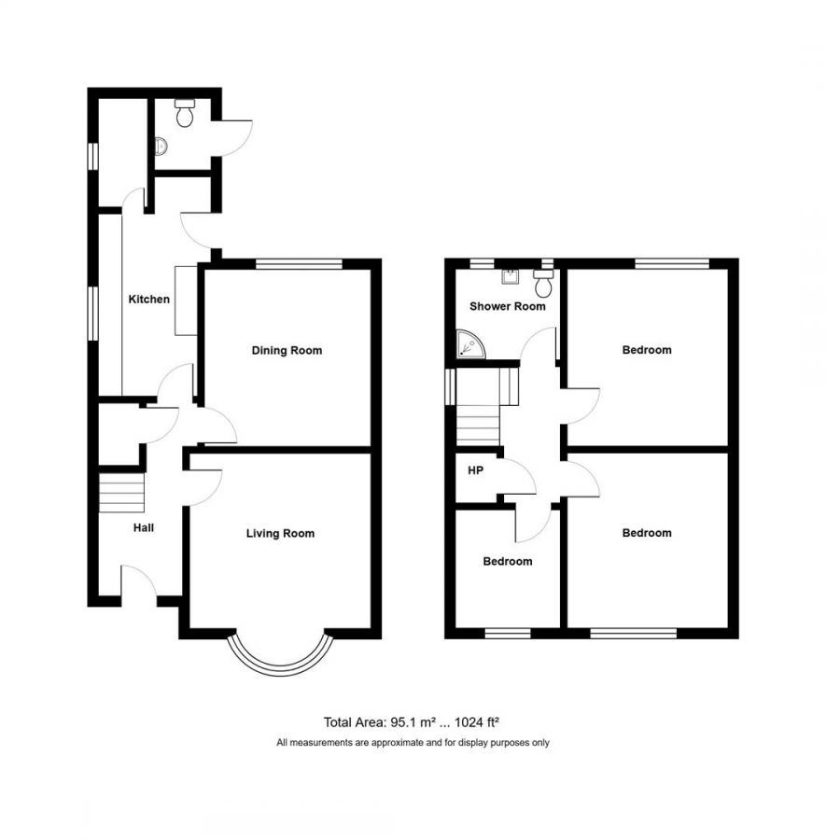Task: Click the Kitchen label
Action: tap(149, 300)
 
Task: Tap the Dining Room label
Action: tap(287, 351)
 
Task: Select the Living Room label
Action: tap(280, 534)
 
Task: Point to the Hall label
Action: tap(143, 528)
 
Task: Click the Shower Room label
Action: tap(507, 306)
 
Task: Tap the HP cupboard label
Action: tap(475, 470)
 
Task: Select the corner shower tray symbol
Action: tap(470, 345)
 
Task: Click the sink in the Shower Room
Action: tap(511, 276)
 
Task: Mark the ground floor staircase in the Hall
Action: tap(122, 492)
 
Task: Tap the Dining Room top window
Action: tap(300, 264)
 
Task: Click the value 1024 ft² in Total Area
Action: tap(482, 721)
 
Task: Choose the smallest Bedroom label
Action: tap(507, 562)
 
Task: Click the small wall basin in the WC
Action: tap(161, 147)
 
